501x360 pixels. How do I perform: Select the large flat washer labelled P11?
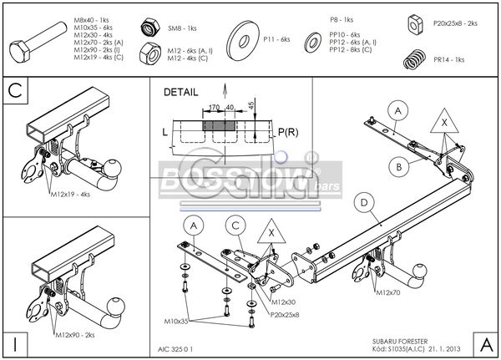coord(248,38)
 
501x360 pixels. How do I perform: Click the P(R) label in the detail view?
coord(288,131)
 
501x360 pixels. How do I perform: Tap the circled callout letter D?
coord(363,200)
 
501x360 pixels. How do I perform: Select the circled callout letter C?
coord(236,225)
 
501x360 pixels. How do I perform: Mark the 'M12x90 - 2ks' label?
coord(75,334)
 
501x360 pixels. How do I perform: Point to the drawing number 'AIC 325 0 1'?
coord(175,348)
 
